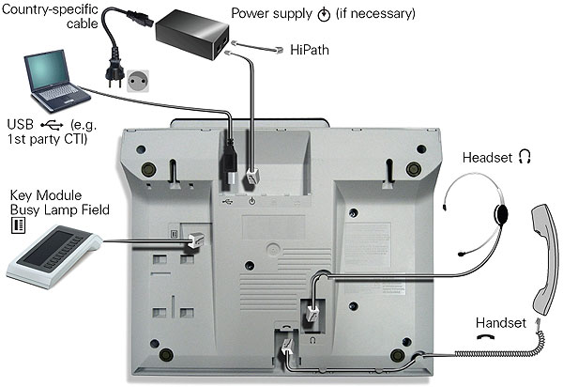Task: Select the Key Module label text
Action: tap(45, 194)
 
